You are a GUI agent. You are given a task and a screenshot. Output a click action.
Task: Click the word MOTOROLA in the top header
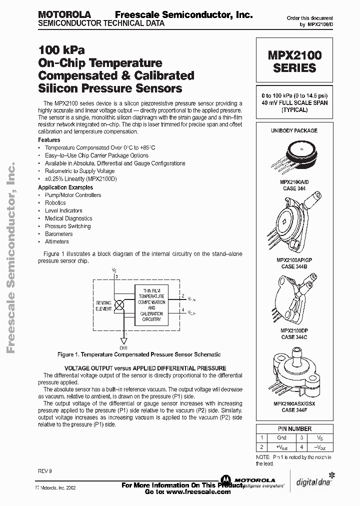(62, 15)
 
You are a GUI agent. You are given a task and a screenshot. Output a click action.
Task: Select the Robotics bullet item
(55, 203)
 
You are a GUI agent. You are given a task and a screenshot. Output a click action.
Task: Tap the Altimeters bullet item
(56, 241)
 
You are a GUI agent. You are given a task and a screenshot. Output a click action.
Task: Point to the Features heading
(49, 140)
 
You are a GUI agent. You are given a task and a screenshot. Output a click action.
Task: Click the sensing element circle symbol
(120, 303)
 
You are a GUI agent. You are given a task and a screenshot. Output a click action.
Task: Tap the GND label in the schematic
(123, 347)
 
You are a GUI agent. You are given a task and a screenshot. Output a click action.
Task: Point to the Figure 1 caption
(138, 354)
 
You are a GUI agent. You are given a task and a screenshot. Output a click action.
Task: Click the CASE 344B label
(294, 266)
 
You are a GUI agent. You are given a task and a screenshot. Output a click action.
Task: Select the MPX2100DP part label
(294, 331)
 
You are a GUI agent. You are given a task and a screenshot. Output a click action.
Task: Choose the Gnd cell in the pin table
(281, 437)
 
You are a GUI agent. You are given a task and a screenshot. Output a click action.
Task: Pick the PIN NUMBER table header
(294, 428)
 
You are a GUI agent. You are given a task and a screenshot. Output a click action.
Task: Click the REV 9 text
(44, 471)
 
